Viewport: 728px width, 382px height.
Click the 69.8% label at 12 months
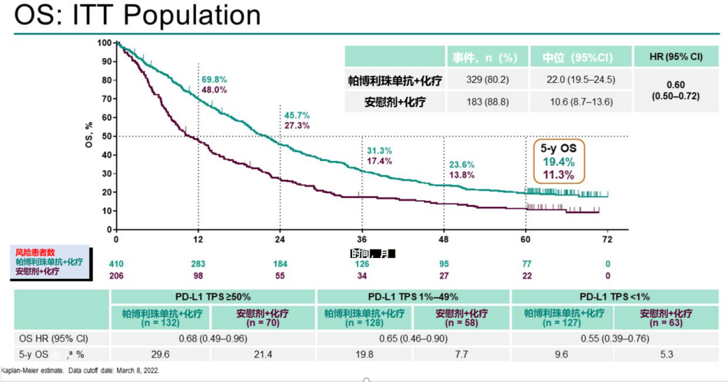coord(214,79)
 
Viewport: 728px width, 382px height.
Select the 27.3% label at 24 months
coord(297,125)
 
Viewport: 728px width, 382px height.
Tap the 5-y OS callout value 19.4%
coord(558,162)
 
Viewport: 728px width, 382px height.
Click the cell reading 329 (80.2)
coord(487,79)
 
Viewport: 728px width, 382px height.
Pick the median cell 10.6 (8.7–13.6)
coord(580,102)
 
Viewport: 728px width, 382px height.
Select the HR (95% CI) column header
coord(675,57)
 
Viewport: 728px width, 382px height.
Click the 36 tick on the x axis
coord(362,240)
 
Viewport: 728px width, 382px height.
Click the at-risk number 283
coord(198,263)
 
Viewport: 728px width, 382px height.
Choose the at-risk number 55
coord(280,275)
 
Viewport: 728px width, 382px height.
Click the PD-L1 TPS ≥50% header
coord(212,296)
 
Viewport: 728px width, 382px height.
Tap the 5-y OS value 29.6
coord(161,354)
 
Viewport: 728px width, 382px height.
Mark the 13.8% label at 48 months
coord(462,175)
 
